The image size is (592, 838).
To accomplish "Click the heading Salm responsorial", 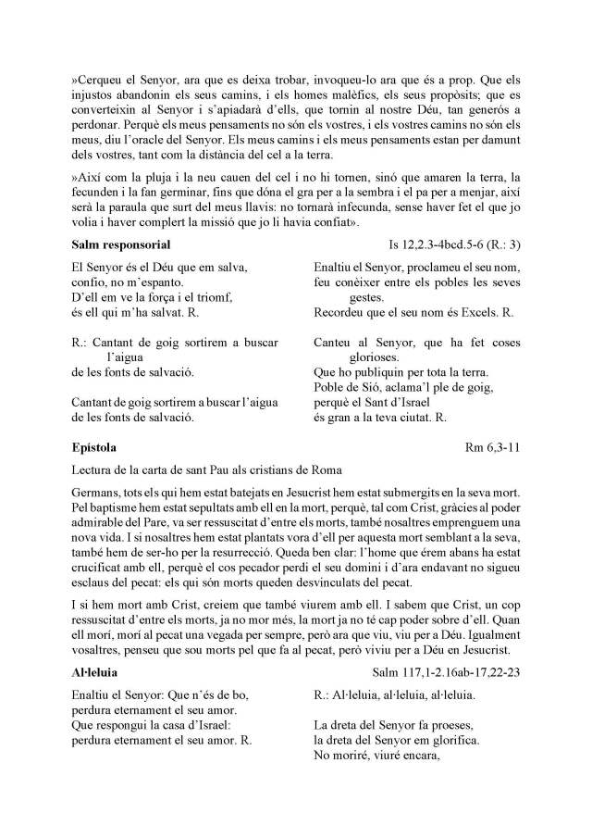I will coord(120,244).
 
